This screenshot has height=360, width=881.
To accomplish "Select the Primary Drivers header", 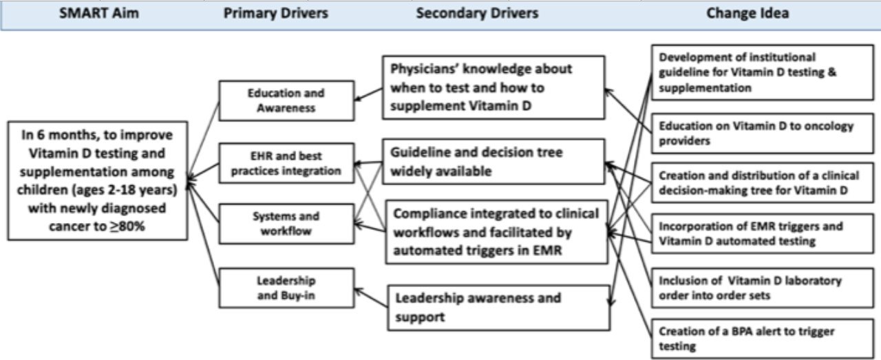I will pyautogui.click(x=275, y=14).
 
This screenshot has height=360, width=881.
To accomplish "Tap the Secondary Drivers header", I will pyautogui.click(x=477, y=14).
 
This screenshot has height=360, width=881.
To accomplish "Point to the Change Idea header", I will pyautogui.click(x=747, y=14).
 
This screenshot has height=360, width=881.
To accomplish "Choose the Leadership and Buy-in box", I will pyautogui.click(x=286, y=288).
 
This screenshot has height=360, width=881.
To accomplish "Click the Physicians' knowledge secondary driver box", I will pyautogui.click(x=495, y=88).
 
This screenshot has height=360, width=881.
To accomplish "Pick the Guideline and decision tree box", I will pyautogui.click(x=495, y=162).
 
